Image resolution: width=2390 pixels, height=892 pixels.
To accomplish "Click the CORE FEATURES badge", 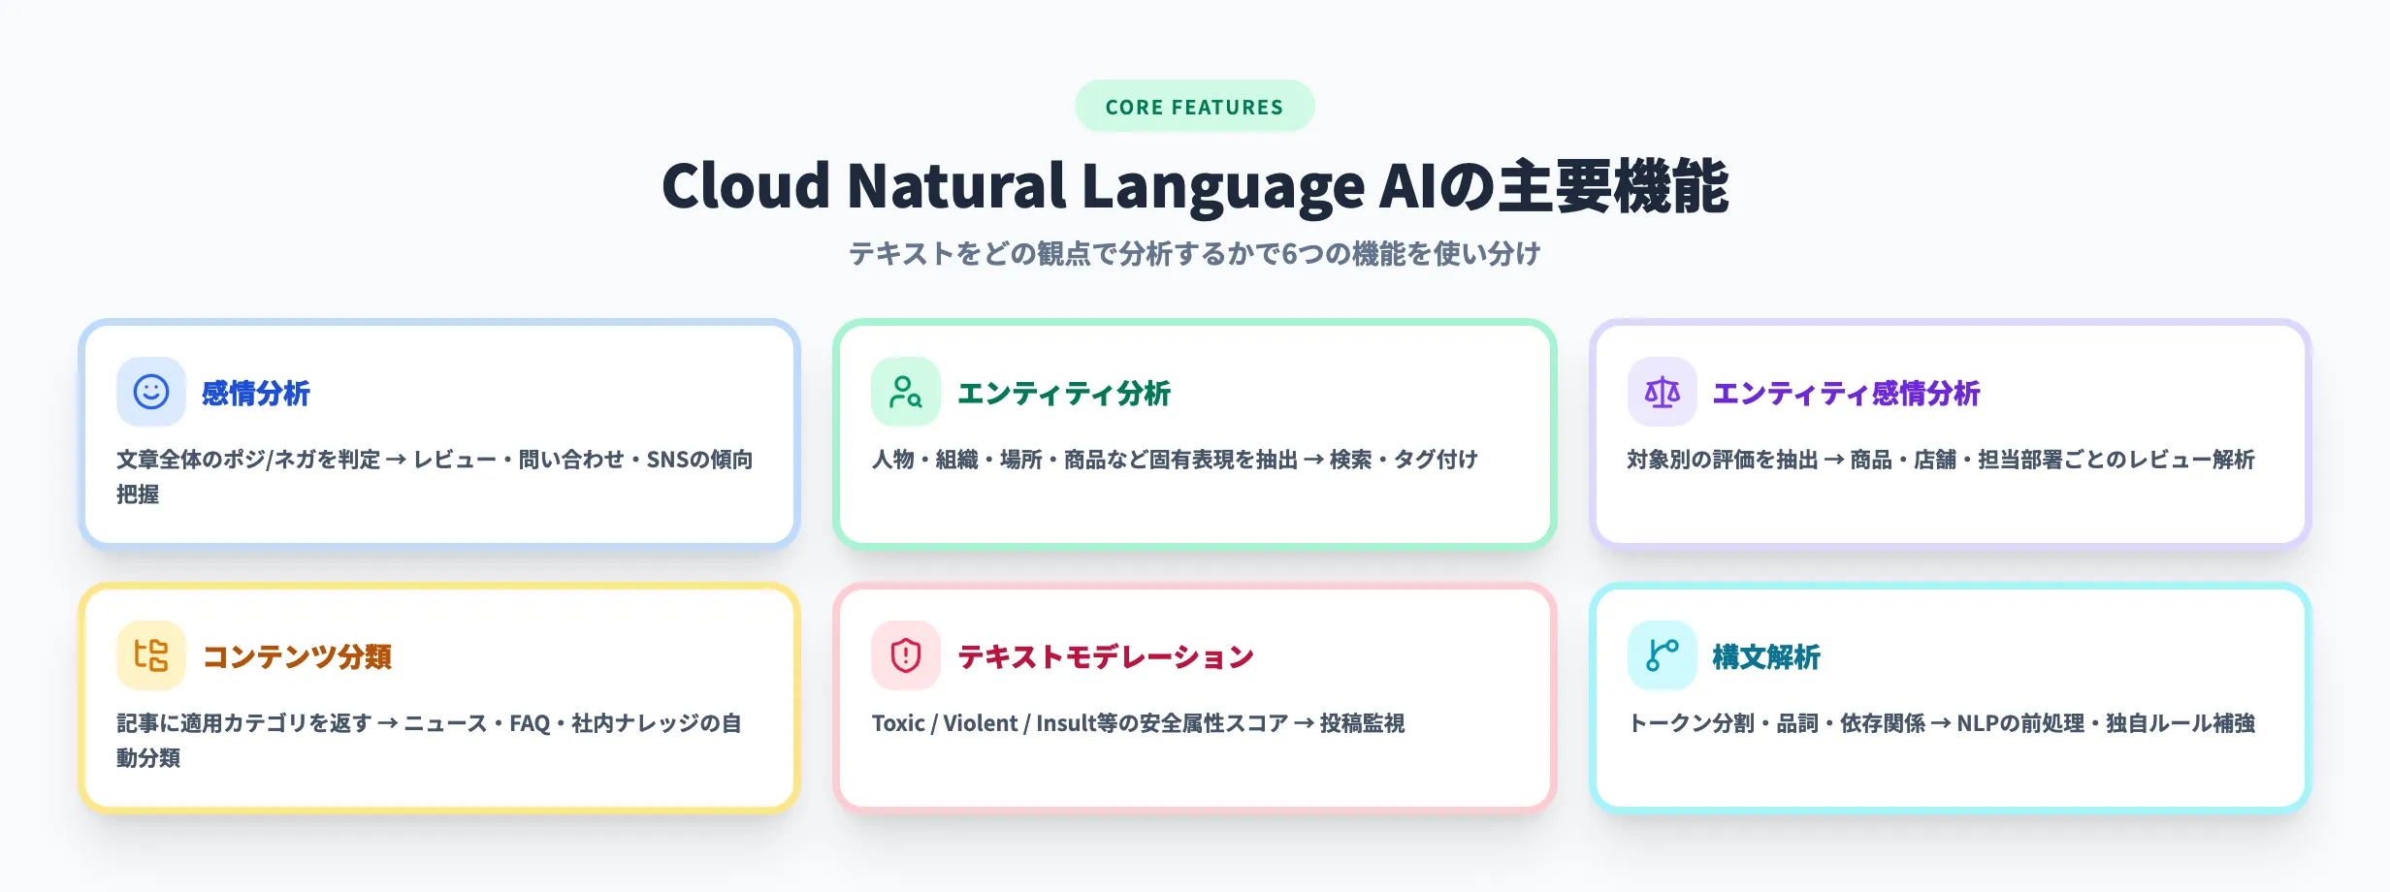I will click(x=1194, y=107).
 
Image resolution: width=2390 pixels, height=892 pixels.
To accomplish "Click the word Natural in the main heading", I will click(x=956, y=186).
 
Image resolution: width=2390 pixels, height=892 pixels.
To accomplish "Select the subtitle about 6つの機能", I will click(x=1194, y=254).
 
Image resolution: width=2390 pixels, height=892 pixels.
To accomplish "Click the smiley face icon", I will click(x=151, y=392).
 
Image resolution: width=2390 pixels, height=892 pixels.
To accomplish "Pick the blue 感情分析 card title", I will click(x=256, y=394).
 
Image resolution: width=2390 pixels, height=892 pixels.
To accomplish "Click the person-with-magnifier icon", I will click(x=906, y=392).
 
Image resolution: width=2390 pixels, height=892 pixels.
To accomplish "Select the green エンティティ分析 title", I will click(x=1064, y=394).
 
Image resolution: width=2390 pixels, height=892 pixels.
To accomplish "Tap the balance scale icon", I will click(x=1662, y=392).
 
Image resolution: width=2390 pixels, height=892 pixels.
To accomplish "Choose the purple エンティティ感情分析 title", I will click(x=1846, y=394).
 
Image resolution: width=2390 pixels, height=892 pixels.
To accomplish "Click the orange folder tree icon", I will click(x=151, y=655).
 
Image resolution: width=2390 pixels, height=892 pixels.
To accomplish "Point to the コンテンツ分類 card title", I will click(x=297, y=657).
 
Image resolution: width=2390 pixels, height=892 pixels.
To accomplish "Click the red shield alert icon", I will click(x=906, y=655).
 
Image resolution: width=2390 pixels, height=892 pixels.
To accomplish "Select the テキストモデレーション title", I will click(x=1106, y=657).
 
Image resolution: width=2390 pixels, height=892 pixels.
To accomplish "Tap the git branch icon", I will click(x=1662, y=655).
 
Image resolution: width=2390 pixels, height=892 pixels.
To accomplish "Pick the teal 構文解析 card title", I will click(x=1766, y=657).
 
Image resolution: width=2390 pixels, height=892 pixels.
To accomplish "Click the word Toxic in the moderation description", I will click(x=897, y=723).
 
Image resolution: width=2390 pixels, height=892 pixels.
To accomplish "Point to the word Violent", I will click(x=980, y=723).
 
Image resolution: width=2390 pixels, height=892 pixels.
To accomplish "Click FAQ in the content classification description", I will click(x=530, y=723).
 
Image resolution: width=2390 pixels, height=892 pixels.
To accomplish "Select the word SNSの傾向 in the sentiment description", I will click(x=699, y=460).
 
